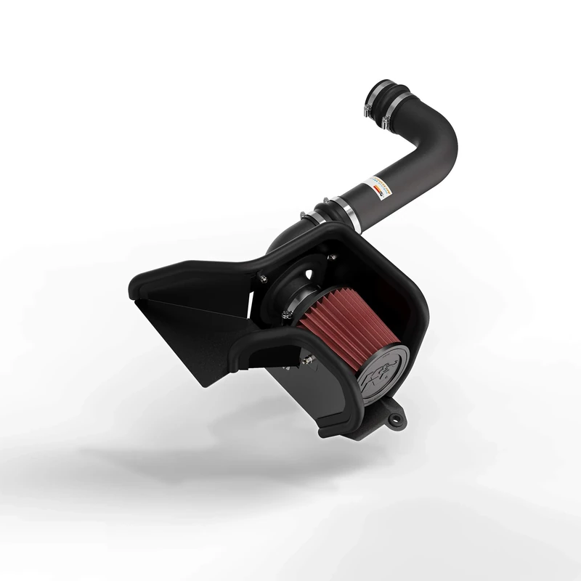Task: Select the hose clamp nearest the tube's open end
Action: pyautogui.click(x=370, y=107)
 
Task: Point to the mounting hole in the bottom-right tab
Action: pyautogui.click(x=397, y=420)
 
